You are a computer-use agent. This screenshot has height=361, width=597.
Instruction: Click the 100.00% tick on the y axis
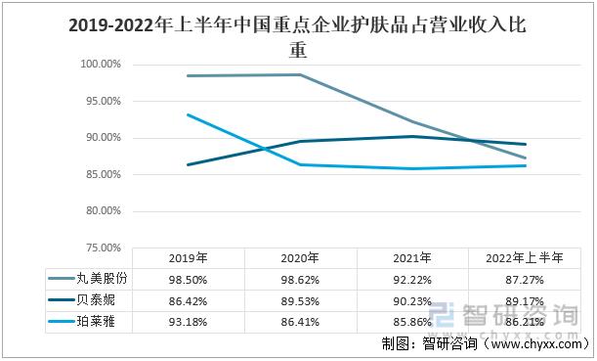[100, 65]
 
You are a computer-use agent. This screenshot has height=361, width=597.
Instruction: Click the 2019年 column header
[187, 259]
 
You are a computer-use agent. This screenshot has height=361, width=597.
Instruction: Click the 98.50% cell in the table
[187, 279]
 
